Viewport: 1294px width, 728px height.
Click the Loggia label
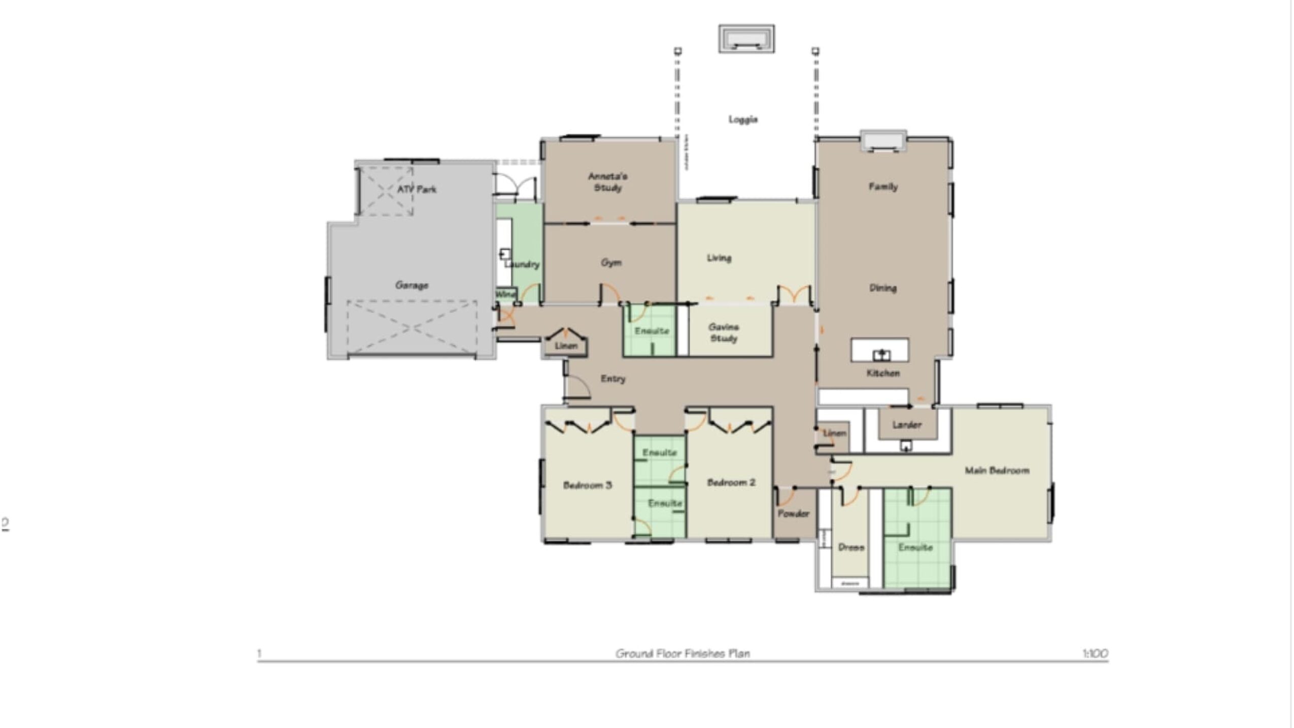[743, 120]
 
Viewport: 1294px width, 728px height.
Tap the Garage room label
[412, 285]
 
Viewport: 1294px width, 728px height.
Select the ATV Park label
[417, 189]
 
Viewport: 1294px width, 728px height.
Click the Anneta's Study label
[607, 182]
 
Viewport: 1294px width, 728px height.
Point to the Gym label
[611, 263]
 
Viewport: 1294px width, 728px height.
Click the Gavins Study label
[724, 333]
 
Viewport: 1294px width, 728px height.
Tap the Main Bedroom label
[997, 471]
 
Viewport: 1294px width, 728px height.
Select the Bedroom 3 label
[587, 486]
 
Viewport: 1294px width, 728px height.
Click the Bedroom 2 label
[731, 482]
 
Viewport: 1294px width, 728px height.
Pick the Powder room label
[794, 514]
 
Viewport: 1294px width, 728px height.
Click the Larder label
[907, 425]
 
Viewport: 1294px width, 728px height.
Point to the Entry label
[613, 379]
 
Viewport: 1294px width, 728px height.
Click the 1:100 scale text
[1095, 653]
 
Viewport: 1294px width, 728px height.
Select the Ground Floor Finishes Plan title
[683, 653]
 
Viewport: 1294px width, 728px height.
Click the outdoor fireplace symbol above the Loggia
[746, 39]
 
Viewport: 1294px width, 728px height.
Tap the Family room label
[883, 187]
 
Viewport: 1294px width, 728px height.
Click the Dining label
[883, 288]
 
